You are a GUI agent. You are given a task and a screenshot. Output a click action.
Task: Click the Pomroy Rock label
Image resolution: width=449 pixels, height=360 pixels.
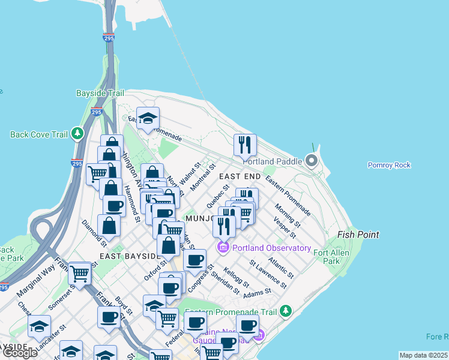[x=389, y=165]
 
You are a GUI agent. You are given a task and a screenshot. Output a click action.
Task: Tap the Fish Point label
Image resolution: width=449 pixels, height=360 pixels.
[x=358, y=235]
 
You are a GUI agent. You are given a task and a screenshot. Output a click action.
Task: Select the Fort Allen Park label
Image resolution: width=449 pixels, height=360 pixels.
[x=331, y=257]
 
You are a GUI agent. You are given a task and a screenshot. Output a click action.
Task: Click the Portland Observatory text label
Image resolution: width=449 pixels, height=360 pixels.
[x=272, y=248]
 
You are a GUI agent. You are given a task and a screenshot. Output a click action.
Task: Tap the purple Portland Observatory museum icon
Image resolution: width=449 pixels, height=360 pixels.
[x=223, y=247]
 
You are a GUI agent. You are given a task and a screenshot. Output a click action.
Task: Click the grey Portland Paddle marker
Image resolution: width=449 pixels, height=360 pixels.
[x=312, y=161]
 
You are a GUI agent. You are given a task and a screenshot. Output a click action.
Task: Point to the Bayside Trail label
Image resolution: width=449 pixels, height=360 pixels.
[x=100, y=93]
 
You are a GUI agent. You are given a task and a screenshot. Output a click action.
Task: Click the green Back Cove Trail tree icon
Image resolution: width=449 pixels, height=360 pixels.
[x=77, y=134]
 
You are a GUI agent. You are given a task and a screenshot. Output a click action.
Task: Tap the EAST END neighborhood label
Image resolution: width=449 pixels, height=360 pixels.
[x=240, y=176]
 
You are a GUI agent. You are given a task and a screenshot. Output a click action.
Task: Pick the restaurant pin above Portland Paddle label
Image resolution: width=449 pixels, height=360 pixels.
[x=245, y=145]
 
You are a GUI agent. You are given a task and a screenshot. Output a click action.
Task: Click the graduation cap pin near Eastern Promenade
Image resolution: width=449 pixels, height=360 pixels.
[x=147, y=118]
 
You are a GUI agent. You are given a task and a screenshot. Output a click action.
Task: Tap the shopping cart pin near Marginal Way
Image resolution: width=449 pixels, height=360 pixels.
[x=79, y=273]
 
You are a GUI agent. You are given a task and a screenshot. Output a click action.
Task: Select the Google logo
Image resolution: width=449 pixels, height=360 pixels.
[x=20, y=353]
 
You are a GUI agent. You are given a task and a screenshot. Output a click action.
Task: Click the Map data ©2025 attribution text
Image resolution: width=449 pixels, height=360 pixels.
[x=423, y=355]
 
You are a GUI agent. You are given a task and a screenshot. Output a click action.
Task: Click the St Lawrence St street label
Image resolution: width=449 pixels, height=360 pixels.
[x=268, y=272]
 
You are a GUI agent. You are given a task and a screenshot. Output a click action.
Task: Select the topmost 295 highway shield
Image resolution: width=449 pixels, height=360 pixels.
[x=109, y=38]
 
